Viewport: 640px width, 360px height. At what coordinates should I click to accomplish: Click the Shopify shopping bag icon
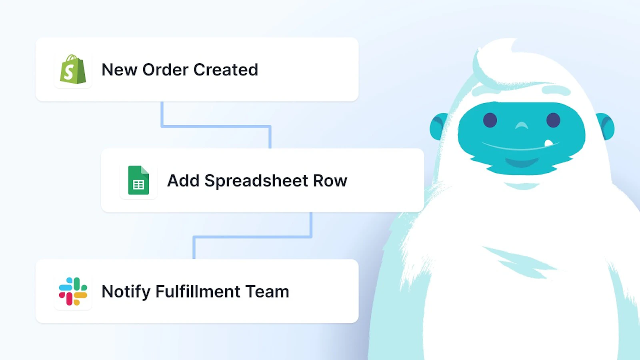point(73,69)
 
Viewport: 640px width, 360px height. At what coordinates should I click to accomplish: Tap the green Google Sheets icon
point(138,180)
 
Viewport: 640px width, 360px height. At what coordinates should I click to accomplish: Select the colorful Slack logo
point(73,291)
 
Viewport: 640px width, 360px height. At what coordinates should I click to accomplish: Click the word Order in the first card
point(166,70)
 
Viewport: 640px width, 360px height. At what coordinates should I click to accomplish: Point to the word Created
point(226,70)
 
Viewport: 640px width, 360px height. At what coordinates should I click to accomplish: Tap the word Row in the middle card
point(330,180)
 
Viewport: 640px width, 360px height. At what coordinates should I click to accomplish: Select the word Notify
point(126,292)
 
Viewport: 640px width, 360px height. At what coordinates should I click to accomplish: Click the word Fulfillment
point(198,291)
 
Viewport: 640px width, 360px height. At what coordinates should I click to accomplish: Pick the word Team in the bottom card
point(267,292)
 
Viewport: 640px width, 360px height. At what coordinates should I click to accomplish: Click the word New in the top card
point(120,70)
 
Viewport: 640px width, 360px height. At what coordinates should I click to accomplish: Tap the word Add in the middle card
point(183,180)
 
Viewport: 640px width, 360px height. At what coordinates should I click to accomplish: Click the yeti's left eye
point(490,120)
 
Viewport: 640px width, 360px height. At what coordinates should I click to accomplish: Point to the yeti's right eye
point(553,120)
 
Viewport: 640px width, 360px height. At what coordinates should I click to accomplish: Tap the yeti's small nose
point(522,125)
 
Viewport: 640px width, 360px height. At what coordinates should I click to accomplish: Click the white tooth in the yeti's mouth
point(548,143)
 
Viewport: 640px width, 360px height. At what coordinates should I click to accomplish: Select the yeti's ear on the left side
point(438,126)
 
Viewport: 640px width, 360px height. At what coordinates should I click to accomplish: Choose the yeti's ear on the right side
point(605,126)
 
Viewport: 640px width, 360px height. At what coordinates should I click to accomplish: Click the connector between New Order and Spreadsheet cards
point(216,126)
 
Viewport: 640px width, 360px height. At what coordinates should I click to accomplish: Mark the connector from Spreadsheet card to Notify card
point(252,237)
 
